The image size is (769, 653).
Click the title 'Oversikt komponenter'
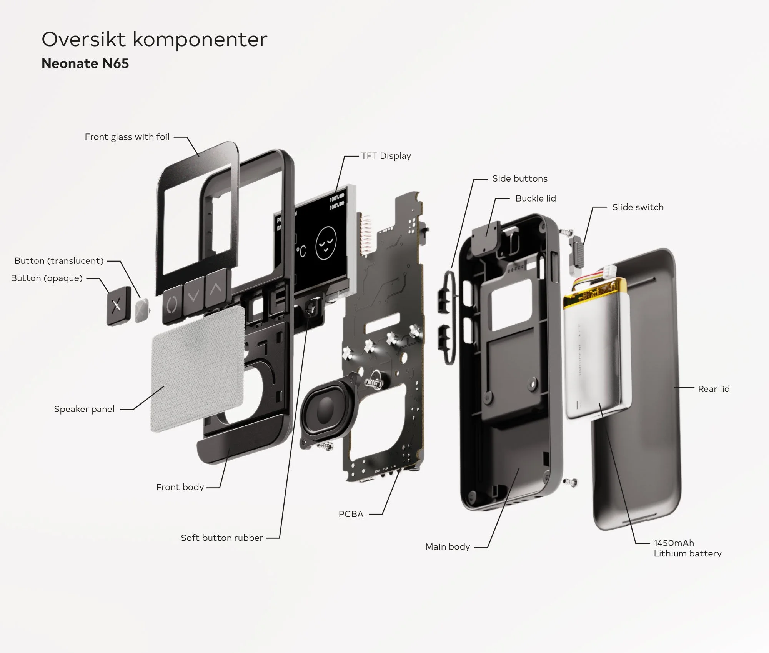(154, 40)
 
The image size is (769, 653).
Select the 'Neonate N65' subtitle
(85, 63)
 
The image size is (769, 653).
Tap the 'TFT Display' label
(386, 156)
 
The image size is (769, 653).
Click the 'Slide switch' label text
(638, 207)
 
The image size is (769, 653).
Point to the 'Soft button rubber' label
(222, 538)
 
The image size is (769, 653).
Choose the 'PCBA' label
(351, 514)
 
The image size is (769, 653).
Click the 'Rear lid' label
(714, 389)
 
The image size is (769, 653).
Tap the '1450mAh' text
(674, 543)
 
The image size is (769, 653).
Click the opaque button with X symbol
(117, 306)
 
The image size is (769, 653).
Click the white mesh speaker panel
(198, 369)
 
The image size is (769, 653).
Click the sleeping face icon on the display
(326, 244)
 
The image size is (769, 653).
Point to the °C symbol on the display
(301, 251)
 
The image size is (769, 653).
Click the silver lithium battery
(596, 354)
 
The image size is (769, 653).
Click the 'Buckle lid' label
(535, 198)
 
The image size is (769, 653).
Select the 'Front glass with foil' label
(127, 137)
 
